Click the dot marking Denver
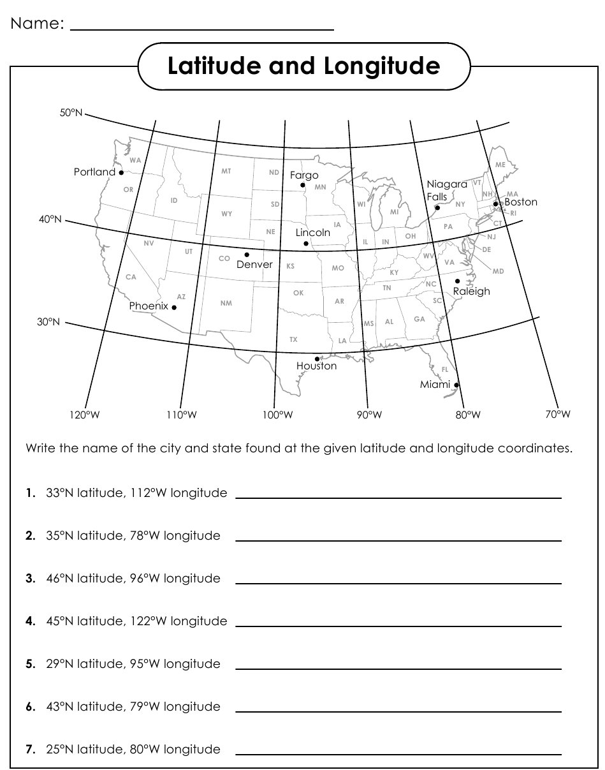247,255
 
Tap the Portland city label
94,172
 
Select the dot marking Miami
456,385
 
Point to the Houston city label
316,366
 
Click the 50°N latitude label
71,113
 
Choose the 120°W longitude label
85,415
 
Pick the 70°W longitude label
558,415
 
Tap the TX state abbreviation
293,339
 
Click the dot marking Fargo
303,186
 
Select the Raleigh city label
471,292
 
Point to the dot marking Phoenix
174,307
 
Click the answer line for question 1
398,498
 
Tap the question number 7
30,750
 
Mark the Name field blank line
201,29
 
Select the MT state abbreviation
226,172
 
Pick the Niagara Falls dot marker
437,207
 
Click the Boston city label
521,202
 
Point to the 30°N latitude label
49,322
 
